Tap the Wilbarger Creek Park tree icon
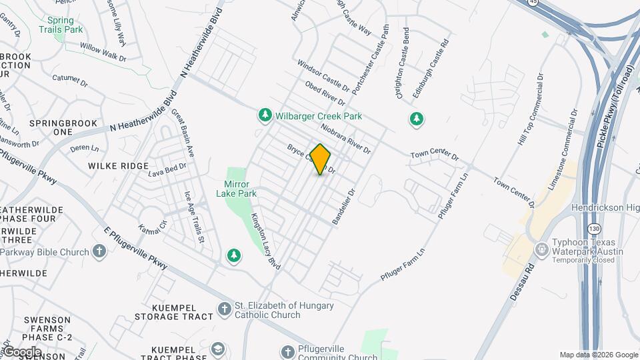pos(265,116)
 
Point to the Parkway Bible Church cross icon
pos(99,252)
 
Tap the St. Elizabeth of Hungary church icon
pos(225,309)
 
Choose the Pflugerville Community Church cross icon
pos(287,352)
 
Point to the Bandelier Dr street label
pos(343,205)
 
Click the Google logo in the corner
pos(21,352)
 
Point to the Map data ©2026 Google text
pos(599,355)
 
